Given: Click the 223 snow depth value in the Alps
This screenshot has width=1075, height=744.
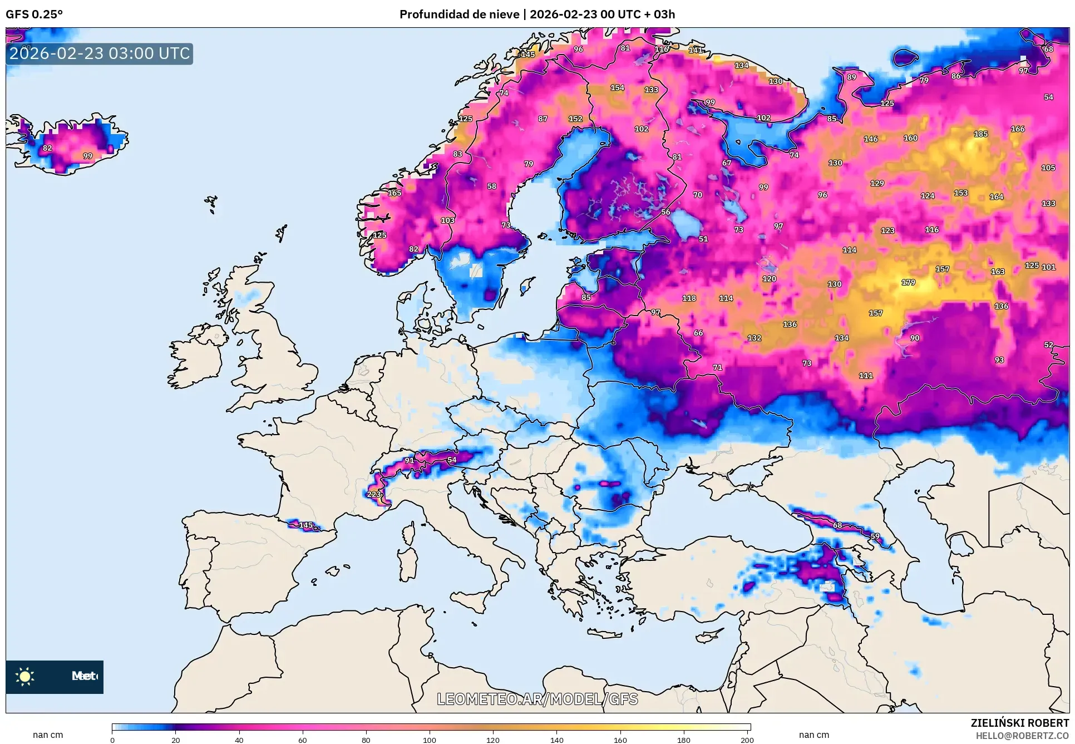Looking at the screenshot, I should pos(374,494).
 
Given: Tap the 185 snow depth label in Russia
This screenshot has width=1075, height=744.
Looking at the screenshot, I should pos(981,134).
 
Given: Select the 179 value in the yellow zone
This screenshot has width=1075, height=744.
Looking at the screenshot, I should pos(908,283).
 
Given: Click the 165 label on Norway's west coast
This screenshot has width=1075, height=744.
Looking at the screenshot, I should pos(395,193).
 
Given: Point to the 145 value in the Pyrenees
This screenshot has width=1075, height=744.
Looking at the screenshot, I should pos(306,525).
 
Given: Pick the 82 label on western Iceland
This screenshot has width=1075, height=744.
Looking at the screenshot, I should pos(47,148).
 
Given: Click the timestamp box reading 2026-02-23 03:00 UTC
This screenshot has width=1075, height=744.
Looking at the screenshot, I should pos(100,53).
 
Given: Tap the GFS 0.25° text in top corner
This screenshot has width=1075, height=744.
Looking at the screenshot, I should pos(34,14).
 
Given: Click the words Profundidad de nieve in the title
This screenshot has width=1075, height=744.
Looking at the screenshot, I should pos(459,14).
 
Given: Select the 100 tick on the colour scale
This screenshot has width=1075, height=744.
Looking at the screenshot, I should pos(429,740).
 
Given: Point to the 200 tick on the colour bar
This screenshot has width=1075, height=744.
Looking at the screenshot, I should pos(747,740).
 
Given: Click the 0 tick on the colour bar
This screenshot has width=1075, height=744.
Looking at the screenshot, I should pos(112,740).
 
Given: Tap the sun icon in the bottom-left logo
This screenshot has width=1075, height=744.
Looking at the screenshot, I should pos(25,676).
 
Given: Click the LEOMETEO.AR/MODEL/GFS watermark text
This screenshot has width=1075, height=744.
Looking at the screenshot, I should pos(537,699).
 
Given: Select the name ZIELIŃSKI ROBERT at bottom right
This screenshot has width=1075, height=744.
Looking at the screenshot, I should pos(1019,723).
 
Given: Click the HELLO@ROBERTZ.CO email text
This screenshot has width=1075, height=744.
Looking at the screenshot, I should pos(1022,736).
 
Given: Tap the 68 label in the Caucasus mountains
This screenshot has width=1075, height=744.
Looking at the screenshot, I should pos(837,525).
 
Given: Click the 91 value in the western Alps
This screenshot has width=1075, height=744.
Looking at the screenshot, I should pos(410,460).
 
